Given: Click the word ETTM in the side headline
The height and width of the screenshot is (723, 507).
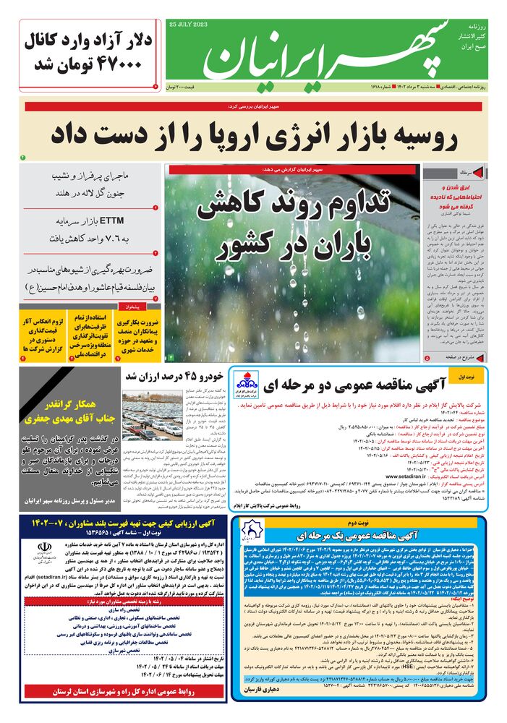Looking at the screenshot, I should point(114,221).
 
